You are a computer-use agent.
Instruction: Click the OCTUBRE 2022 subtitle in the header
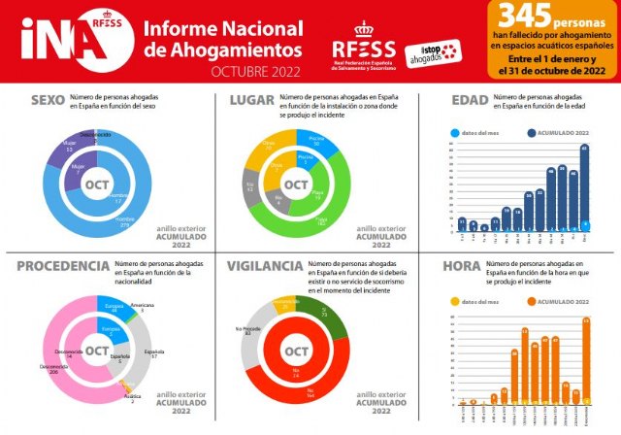point(256,73)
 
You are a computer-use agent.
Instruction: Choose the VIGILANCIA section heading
point(265,266)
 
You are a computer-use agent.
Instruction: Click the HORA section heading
point(462,266)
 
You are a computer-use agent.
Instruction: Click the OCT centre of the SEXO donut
point(97,184)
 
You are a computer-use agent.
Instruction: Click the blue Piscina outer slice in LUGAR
point(316,141)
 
